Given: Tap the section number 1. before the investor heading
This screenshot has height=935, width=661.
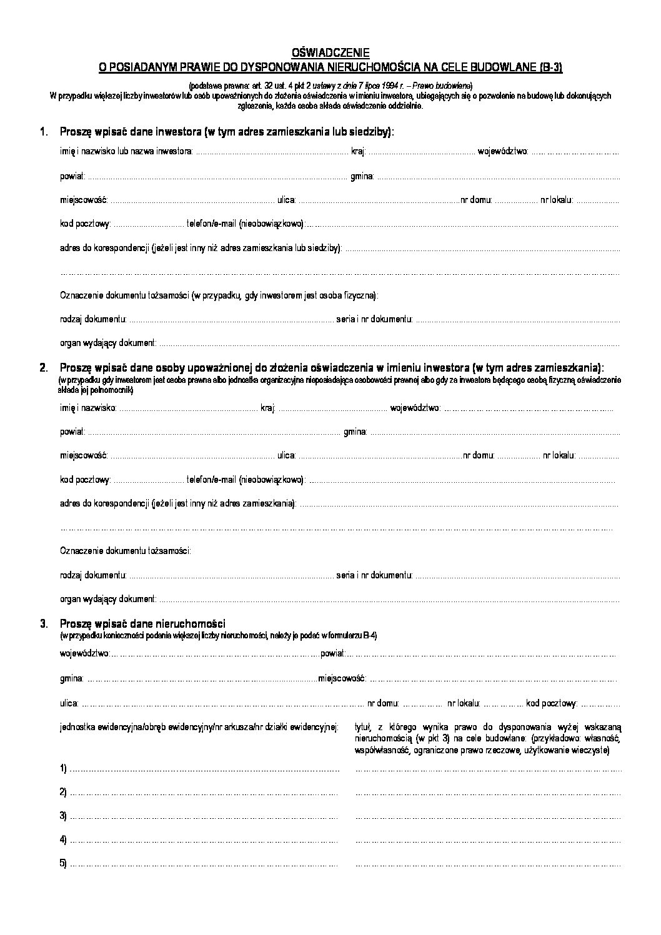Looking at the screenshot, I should tap(43, 132).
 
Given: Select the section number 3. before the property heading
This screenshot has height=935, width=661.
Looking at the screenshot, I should tap(43, 623).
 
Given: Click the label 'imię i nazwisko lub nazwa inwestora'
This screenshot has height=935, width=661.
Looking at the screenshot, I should tap(127, 152).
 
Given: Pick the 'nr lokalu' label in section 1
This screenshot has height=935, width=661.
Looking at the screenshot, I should tap(555, 200).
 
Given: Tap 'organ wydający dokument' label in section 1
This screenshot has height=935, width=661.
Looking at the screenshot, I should tap(108, 343).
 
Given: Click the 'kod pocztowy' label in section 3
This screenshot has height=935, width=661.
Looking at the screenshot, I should tap(550, 703).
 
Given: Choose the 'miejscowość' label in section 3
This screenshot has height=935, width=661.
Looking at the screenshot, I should tap(341, 678).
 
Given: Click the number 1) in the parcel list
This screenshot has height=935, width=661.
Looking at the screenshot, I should tap(63, 769).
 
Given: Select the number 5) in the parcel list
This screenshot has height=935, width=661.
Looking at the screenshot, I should tap(63, 864).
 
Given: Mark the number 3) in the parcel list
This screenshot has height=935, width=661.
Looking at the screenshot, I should tap(63, 816).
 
